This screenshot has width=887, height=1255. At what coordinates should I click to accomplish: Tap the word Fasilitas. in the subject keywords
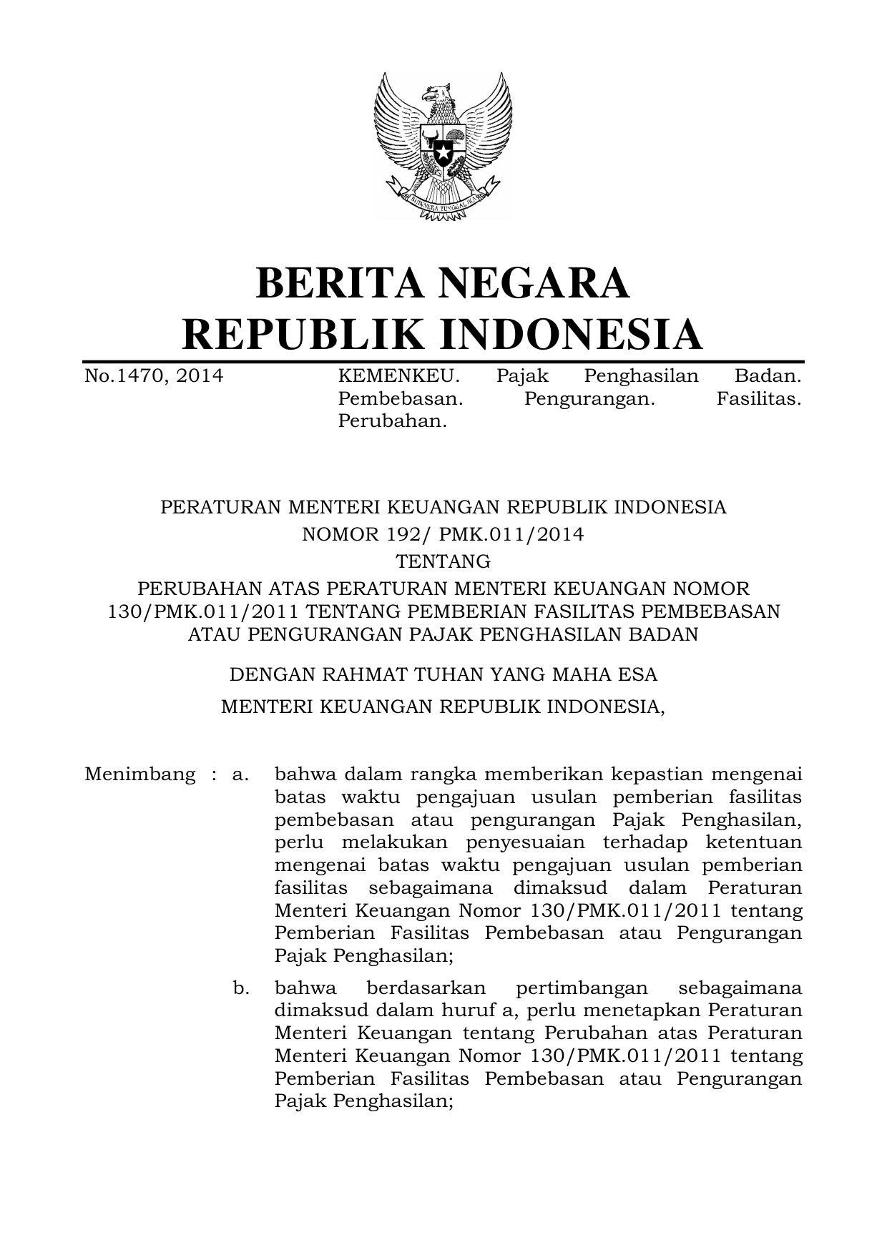758,399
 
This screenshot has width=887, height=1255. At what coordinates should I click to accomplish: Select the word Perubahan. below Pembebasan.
392,422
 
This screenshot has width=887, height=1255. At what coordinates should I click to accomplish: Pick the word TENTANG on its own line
443,561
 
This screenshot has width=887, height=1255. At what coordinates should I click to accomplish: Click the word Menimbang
139,774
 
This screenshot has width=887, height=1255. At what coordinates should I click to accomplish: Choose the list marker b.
240,989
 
